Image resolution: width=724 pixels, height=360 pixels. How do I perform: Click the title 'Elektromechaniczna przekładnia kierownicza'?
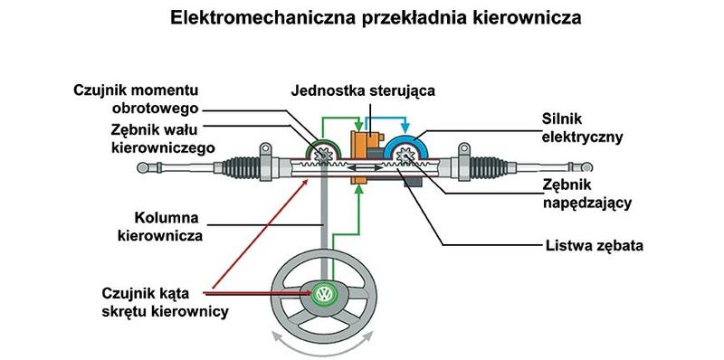pyautogui.click(x=361, y=17)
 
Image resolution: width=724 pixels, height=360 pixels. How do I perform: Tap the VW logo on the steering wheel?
pyautogui.click(x=323, y=294)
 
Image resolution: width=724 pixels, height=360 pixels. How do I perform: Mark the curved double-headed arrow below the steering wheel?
pyautogui.click(x=323, y=346)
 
